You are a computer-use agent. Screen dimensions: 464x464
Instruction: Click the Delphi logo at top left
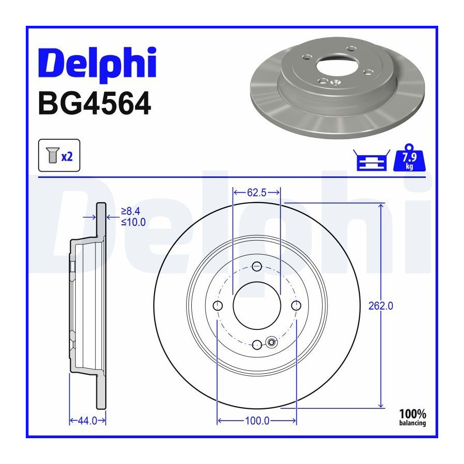(97, 64)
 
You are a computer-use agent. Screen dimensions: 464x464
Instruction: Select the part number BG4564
(95, 103)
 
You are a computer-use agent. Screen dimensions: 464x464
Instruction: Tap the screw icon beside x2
(53, 155)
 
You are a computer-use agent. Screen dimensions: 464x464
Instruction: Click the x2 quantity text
(67, 156)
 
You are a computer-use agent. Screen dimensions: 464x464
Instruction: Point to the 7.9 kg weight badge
(409, 158)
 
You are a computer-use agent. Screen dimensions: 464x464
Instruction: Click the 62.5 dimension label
(257, 193)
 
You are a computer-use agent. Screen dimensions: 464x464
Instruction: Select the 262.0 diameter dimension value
(380, 306)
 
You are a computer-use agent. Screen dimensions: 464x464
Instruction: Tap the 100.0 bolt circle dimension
(257, 421)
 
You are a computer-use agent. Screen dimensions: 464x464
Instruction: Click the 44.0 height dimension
(87, 421)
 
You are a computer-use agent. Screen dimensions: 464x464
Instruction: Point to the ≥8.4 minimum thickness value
(130, 211)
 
